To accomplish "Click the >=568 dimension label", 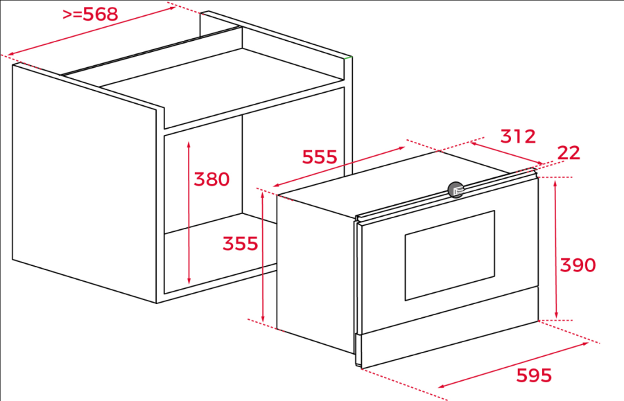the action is pyautogui.click(x=90, y=15).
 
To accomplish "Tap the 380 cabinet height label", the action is pyautogui.click(x=211, y=179).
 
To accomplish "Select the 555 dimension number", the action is pyautogui.click(x=320, y=157).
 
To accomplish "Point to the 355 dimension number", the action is pyautogui.click(x=240, y=243).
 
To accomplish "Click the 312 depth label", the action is pyautogui.click(x=518, y=136).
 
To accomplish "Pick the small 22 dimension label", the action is pyautogui.click(x=569, y=153).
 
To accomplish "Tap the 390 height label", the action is pyautogui.click(x=578, y=265).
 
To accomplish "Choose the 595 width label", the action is pyautogui.click(x=534, y=375).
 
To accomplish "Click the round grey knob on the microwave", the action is pyautogui.click(x=456, y=190).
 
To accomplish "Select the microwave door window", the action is pyautogui.click(x=450, y=256).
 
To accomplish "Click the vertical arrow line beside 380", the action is pyautogui.click(x=189, y=213).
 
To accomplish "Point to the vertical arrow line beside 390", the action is pyautogui.click(x=556, y=249).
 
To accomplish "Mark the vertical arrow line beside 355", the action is pyautogui.click(x=263, y=257).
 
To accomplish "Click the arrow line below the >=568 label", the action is pyautogui.click(x=92, y=30).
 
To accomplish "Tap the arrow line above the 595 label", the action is pyautogui.click(x=513, y=365).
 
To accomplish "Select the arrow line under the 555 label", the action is pyautogui.click(x=339, y=166).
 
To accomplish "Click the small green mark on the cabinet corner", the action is pyautogui.click(x=348, y=58).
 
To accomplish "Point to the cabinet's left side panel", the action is pyautogui.click(x=85, y=183).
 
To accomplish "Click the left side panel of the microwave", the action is pyautogui.click(x=315, y=274).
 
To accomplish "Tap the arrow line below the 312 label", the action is pyautogui.click(x=507, y=153).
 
